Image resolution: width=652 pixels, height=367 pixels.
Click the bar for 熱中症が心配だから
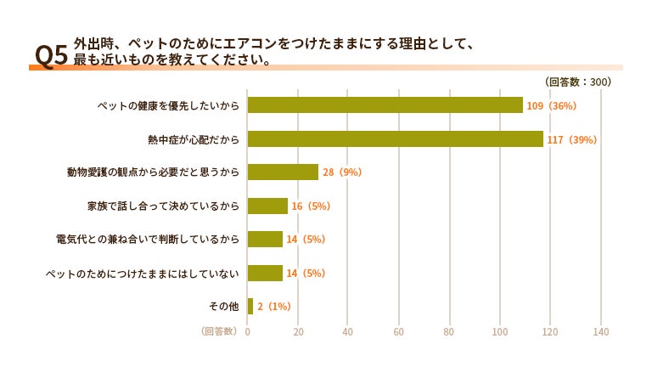tap(396, 139)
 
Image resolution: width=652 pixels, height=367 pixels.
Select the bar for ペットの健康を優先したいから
tap(385, 104)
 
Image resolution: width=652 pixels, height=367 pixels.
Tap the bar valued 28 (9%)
tap(283, 172)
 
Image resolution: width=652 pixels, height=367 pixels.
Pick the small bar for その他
tap(250, 306)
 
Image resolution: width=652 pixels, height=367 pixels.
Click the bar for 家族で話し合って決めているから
tap(267, 206)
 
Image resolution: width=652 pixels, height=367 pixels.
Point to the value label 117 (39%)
tap(571, 140)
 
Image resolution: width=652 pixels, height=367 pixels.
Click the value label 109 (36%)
tap(551, 105)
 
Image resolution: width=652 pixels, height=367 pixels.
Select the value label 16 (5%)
tap(311, 206)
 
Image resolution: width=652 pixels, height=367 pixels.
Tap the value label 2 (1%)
tap(274, 307)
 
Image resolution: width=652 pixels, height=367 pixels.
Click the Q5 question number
tap(51, 55)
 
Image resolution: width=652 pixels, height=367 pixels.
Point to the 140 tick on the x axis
tap(601, 331)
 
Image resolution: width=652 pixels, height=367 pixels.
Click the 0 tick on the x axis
tap(247, 331)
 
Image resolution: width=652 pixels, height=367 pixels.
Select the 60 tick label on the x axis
tap(398, 331)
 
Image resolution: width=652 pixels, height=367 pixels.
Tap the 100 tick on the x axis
tap(500, 331)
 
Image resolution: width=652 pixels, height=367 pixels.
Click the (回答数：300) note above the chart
tap(578, 82)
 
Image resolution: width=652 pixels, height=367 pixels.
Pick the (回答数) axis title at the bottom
tap(219, 330)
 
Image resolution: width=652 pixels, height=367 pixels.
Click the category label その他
tap(224, 306)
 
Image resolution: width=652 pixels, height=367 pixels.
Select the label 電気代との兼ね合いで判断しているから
tap(148, 240)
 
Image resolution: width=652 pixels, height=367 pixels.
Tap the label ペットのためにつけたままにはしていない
tap(143, 274)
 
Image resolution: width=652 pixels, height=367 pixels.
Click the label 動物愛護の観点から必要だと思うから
tap(153, 172)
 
